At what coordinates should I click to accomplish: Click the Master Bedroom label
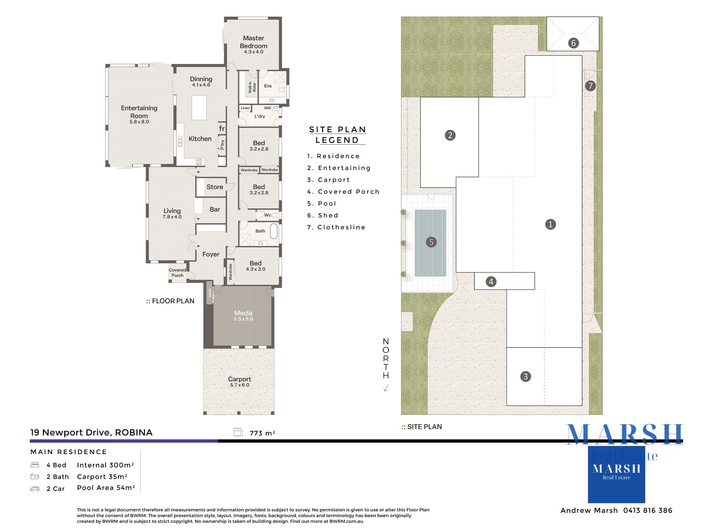(x=254, y=42)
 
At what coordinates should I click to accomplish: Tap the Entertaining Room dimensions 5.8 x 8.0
(x=139, y=122)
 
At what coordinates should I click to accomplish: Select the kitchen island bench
(x=199, y=108)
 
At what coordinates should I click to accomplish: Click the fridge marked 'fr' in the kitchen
(x=222, y=128)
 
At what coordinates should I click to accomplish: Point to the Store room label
(x=215, y=187)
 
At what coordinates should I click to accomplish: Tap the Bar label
(x=215, y=209)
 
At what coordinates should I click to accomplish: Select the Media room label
(x=243, y=313)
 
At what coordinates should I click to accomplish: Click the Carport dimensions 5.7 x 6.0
(x=240, y=385)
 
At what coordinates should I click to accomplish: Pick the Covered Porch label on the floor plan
(x=177, y=273)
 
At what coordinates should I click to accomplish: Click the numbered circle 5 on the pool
(x=431, y=242)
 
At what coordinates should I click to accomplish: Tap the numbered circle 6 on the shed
(x=574, y=43)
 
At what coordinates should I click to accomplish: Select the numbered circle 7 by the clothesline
(x=591, y=86)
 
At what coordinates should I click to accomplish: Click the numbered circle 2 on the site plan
(x=450, y=135)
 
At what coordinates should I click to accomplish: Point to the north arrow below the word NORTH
(x=386, y=388)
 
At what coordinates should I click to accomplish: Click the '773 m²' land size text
(x=262, y=433)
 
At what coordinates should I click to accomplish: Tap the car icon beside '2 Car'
(x=35, y=489)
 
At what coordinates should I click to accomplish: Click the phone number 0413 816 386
(x=648, y=511)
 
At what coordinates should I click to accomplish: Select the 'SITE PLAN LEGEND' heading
(x=338, y=135)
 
